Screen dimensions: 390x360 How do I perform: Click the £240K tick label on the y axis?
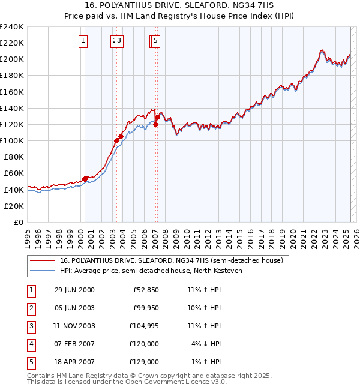(11, 26)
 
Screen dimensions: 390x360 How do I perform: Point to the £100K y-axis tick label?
(11, 140)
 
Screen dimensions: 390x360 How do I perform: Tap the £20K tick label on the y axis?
(14, 206)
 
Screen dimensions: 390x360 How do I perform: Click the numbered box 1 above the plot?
(83, 41)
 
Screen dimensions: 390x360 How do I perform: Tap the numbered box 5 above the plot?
(155, 41)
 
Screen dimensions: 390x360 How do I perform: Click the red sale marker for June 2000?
(85, 178)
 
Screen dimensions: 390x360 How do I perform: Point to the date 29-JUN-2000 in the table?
(74, 290)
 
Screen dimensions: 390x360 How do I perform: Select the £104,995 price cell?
(144, 326)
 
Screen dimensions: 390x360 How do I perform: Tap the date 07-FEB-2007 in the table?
(74, 344)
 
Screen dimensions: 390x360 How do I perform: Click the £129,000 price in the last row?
(144, 362)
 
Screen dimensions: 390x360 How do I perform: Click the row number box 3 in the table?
(30, 326)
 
